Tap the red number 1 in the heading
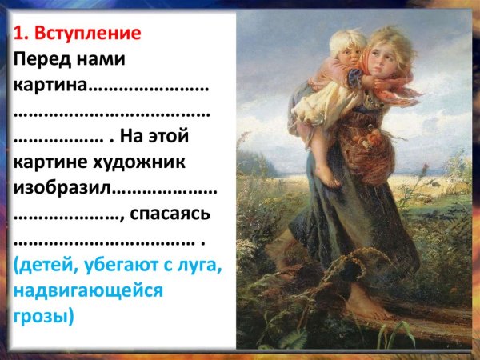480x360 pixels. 19,34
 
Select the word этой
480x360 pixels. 186,137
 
